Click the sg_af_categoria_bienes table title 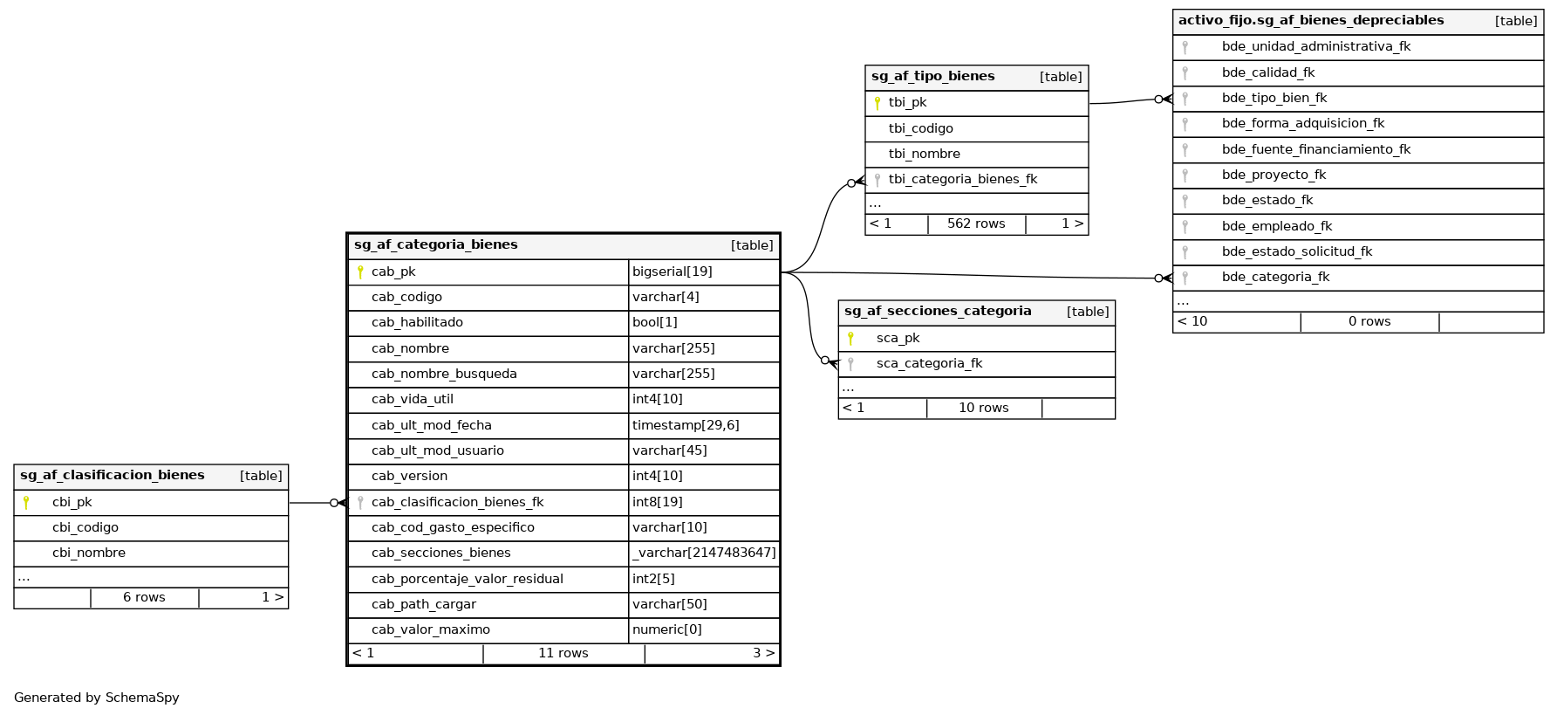436,245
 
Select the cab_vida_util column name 412,400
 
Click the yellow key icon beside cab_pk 360,272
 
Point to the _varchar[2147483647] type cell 704,553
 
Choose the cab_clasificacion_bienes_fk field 457,502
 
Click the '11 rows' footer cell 563,653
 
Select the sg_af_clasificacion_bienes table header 113,476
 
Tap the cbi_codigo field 85,527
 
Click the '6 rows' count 144,597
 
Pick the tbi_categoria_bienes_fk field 963,180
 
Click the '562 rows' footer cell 976,223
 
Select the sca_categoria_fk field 929,364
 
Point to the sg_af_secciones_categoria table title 938,312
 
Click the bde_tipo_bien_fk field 1274,99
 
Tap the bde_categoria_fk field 1275,278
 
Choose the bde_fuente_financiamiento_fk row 1315,149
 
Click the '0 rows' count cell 1369,321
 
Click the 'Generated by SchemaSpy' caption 97,698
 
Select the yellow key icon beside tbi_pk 878,103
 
